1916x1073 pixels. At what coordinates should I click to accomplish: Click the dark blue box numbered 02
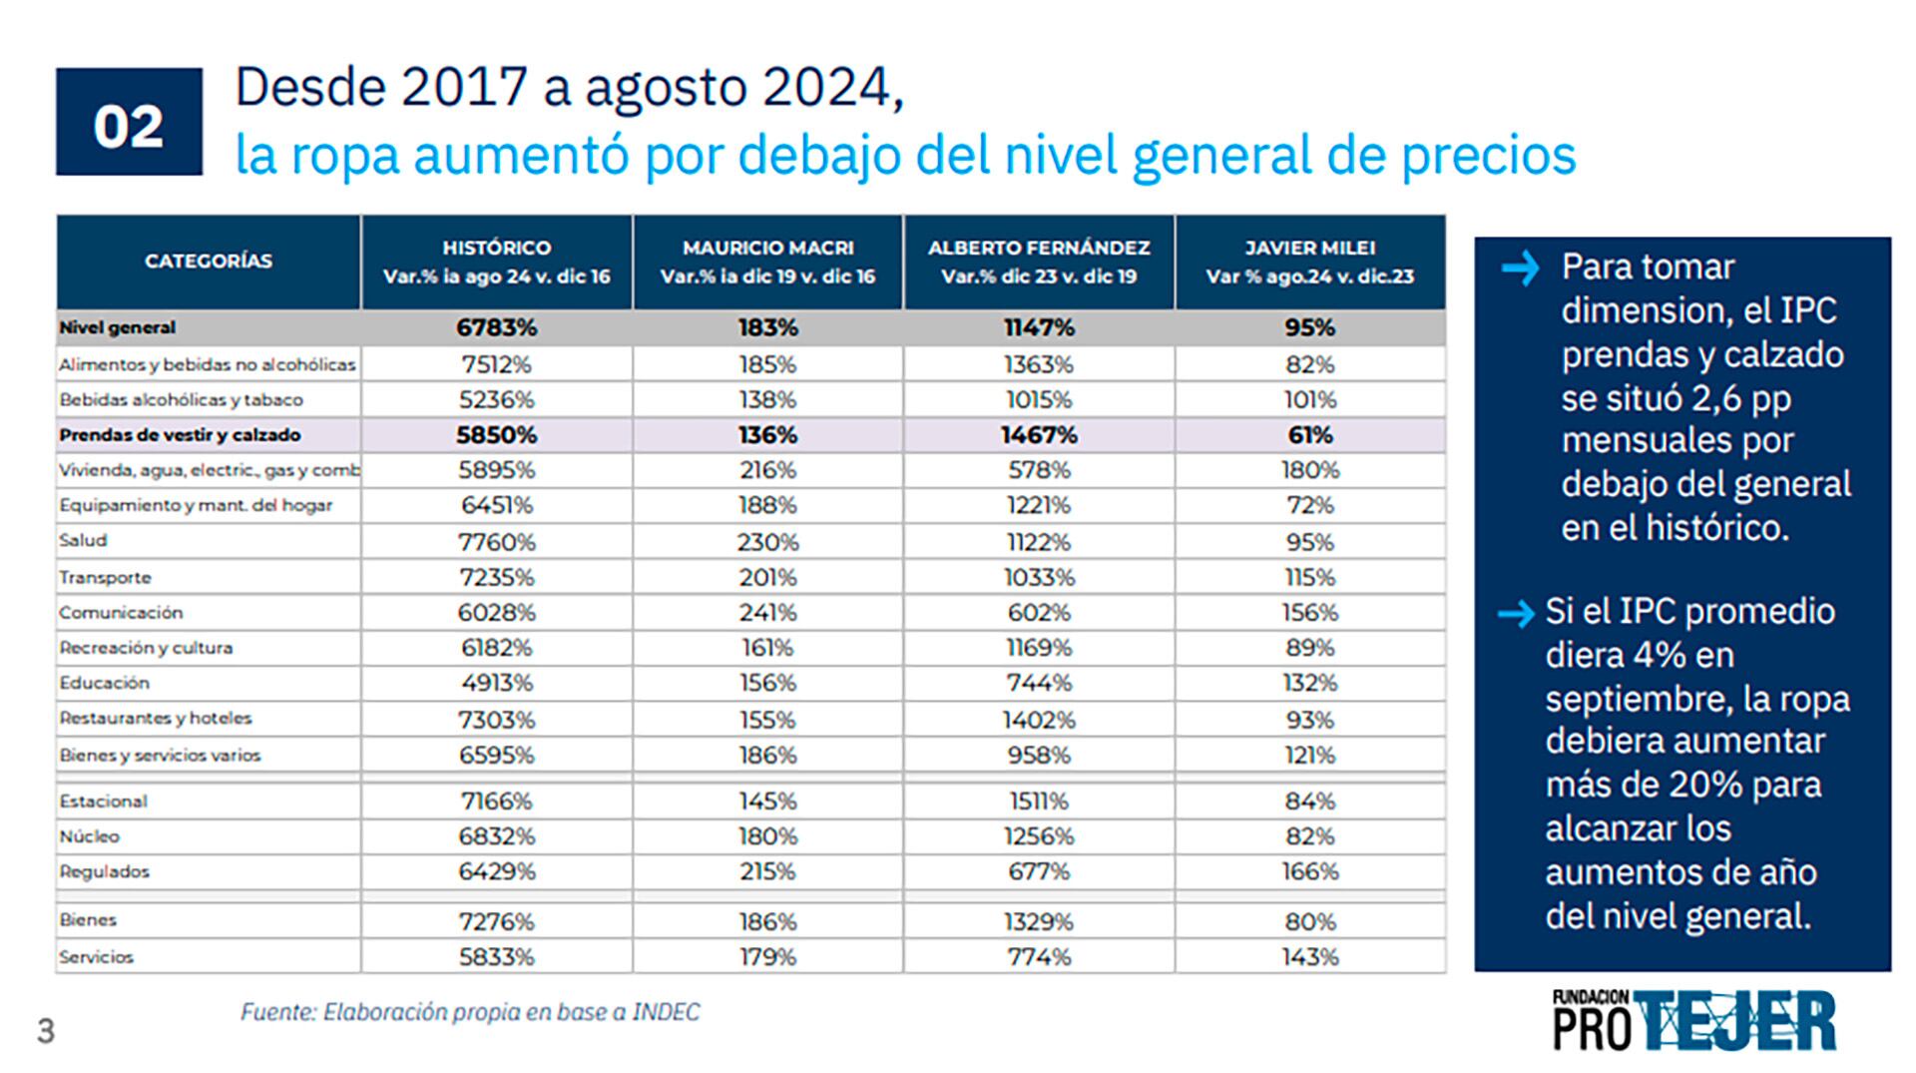(129, 122)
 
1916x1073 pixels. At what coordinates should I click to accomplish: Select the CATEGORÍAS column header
(208, 262)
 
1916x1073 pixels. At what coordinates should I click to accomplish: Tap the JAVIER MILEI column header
(1309, 262)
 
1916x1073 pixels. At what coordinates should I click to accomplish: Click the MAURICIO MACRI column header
(767, 262)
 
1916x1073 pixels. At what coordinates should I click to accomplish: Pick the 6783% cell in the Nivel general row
(496, 327)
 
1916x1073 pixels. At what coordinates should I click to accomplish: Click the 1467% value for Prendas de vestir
(1039, 435)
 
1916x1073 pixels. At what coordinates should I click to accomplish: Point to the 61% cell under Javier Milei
(1309, 435)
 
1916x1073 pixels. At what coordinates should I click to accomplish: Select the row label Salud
(83, 541)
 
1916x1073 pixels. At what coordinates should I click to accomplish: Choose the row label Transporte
(105, 578)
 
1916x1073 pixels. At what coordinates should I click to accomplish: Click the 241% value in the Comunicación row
(767, 613)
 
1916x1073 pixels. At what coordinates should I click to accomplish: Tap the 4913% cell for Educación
(496, 684)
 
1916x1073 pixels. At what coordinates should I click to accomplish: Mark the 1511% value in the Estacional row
(1039, 802)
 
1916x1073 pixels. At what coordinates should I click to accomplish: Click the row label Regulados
(104, 872)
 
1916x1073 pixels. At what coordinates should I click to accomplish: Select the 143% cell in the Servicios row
(1309, 957)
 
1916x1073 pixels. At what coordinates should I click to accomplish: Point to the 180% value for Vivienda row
(1309, 470)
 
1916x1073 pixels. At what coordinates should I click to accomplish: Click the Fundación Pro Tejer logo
(1693, 1020)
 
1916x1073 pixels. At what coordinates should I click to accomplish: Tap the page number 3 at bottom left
(46, 1031)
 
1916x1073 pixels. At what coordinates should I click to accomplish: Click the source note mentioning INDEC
(470, 1012)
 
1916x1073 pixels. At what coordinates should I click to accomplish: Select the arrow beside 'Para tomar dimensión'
(1520, 268)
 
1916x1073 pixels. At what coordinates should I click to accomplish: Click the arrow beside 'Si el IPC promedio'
(1516, 613)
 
